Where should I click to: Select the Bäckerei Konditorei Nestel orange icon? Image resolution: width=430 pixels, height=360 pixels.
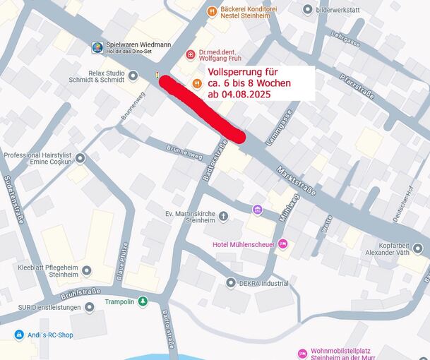coord(211,10)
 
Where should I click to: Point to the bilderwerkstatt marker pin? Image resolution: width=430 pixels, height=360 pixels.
coord(307,9)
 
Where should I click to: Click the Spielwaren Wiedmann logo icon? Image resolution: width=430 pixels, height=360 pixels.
coord(97,48)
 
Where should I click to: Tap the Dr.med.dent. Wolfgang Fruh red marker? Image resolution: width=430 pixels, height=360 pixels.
coord(190,54)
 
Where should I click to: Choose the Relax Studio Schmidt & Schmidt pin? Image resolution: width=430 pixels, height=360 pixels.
coord(135,73)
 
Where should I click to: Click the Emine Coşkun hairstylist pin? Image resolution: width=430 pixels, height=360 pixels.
coord(80,158)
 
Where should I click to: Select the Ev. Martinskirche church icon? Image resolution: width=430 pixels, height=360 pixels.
coord(224,216)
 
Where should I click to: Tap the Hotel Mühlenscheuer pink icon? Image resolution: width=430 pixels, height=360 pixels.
coord(283,244)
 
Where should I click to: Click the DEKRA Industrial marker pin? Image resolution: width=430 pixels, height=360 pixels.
coord(231,282)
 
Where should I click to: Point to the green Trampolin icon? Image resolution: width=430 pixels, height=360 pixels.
coord(143,301)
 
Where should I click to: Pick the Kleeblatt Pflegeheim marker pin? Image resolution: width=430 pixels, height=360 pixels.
coord(86,270)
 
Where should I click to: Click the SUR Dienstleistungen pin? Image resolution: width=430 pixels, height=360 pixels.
coord(89,308)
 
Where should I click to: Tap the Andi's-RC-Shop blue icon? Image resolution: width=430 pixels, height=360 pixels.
coord(19,335)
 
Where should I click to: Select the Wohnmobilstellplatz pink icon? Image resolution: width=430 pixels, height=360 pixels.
coord(303,353)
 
